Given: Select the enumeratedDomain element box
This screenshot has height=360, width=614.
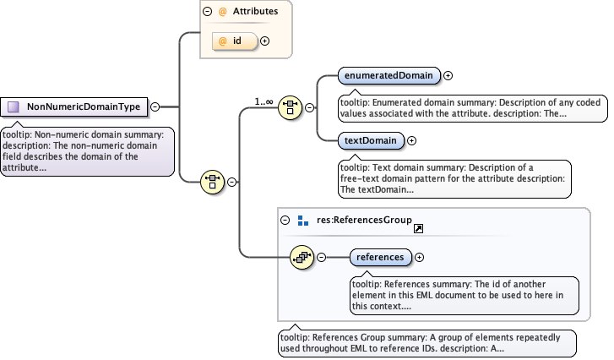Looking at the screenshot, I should point(389,75).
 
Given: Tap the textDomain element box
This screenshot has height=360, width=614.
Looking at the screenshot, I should point(370,140).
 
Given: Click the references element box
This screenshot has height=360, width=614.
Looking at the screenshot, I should point(380,256).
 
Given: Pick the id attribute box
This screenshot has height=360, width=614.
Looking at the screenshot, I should point(236,40).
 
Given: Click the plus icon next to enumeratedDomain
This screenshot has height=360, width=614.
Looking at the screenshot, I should point(448,75).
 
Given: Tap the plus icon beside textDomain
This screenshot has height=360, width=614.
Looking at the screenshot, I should point(411,140).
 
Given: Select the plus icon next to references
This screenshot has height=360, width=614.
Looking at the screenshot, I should point(419,256).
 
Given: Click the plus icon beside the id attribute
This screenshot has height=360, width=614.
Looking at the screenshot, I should point(264,40).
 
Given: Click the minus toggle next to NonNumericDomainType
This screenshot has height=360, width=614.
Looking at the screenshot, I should point(155,106).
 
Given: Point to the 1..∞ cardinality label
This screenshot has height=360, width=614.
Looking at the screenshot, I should point(264,101).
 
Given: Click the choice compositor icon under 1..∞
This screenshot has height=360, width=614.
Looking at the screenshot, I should point(290,107).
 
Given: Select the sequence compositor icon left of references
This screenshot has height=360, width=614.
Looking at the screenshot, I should point(301,256).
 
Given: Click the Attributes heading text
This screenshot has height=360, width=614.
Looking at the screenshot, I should point(255,12).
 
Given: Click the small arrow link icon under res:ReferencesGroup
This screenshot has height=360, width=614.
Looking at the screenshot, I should point(418,228).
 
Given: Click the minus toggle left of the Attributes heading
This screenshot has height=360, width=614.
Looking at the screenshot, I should point(207,12).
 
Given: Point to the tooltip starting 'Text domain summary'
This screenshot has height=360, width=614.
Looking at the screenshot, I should point(449,178).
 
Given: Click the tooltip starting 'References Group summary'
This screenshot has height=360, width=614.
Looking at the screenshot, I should point(427,342).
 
